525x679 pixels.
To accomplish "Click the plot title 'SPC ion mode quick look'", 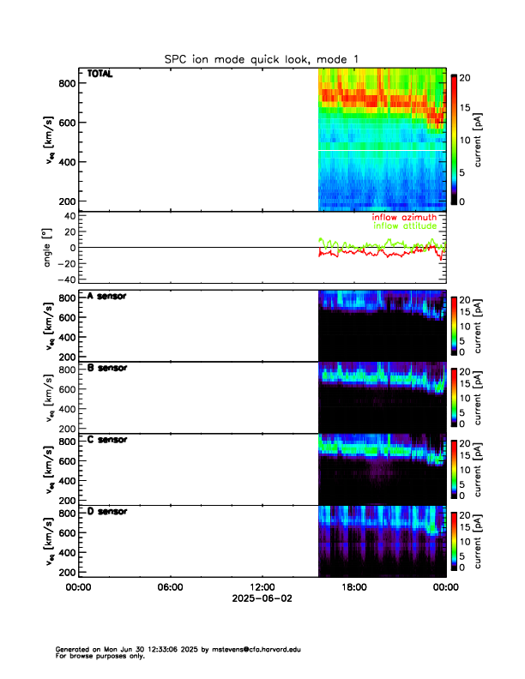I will (262, 58).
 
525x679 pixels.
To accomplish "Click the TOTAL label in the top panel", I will (100, 75).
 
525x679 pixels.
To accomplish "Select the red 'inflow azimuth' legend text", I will (404, 218).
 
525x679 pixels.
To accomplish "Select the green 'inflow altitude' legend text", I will (404, 226).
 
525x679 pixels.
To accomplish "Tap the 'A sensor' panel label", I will (107, 297).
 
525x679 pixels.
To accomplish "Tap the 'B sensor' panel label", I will (107, 369).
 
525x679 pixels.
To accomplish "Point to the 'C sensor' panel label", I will (107, 440).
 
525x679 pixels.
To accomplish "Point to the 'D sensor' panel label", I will (107, 512).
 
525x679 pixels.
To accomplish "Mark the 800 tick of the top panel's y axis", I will (67, 83).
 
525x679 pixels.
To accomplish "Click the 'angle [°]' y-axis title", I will (49, 248).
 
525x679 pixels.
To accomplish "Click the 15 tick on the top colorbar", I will (468, 107).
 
